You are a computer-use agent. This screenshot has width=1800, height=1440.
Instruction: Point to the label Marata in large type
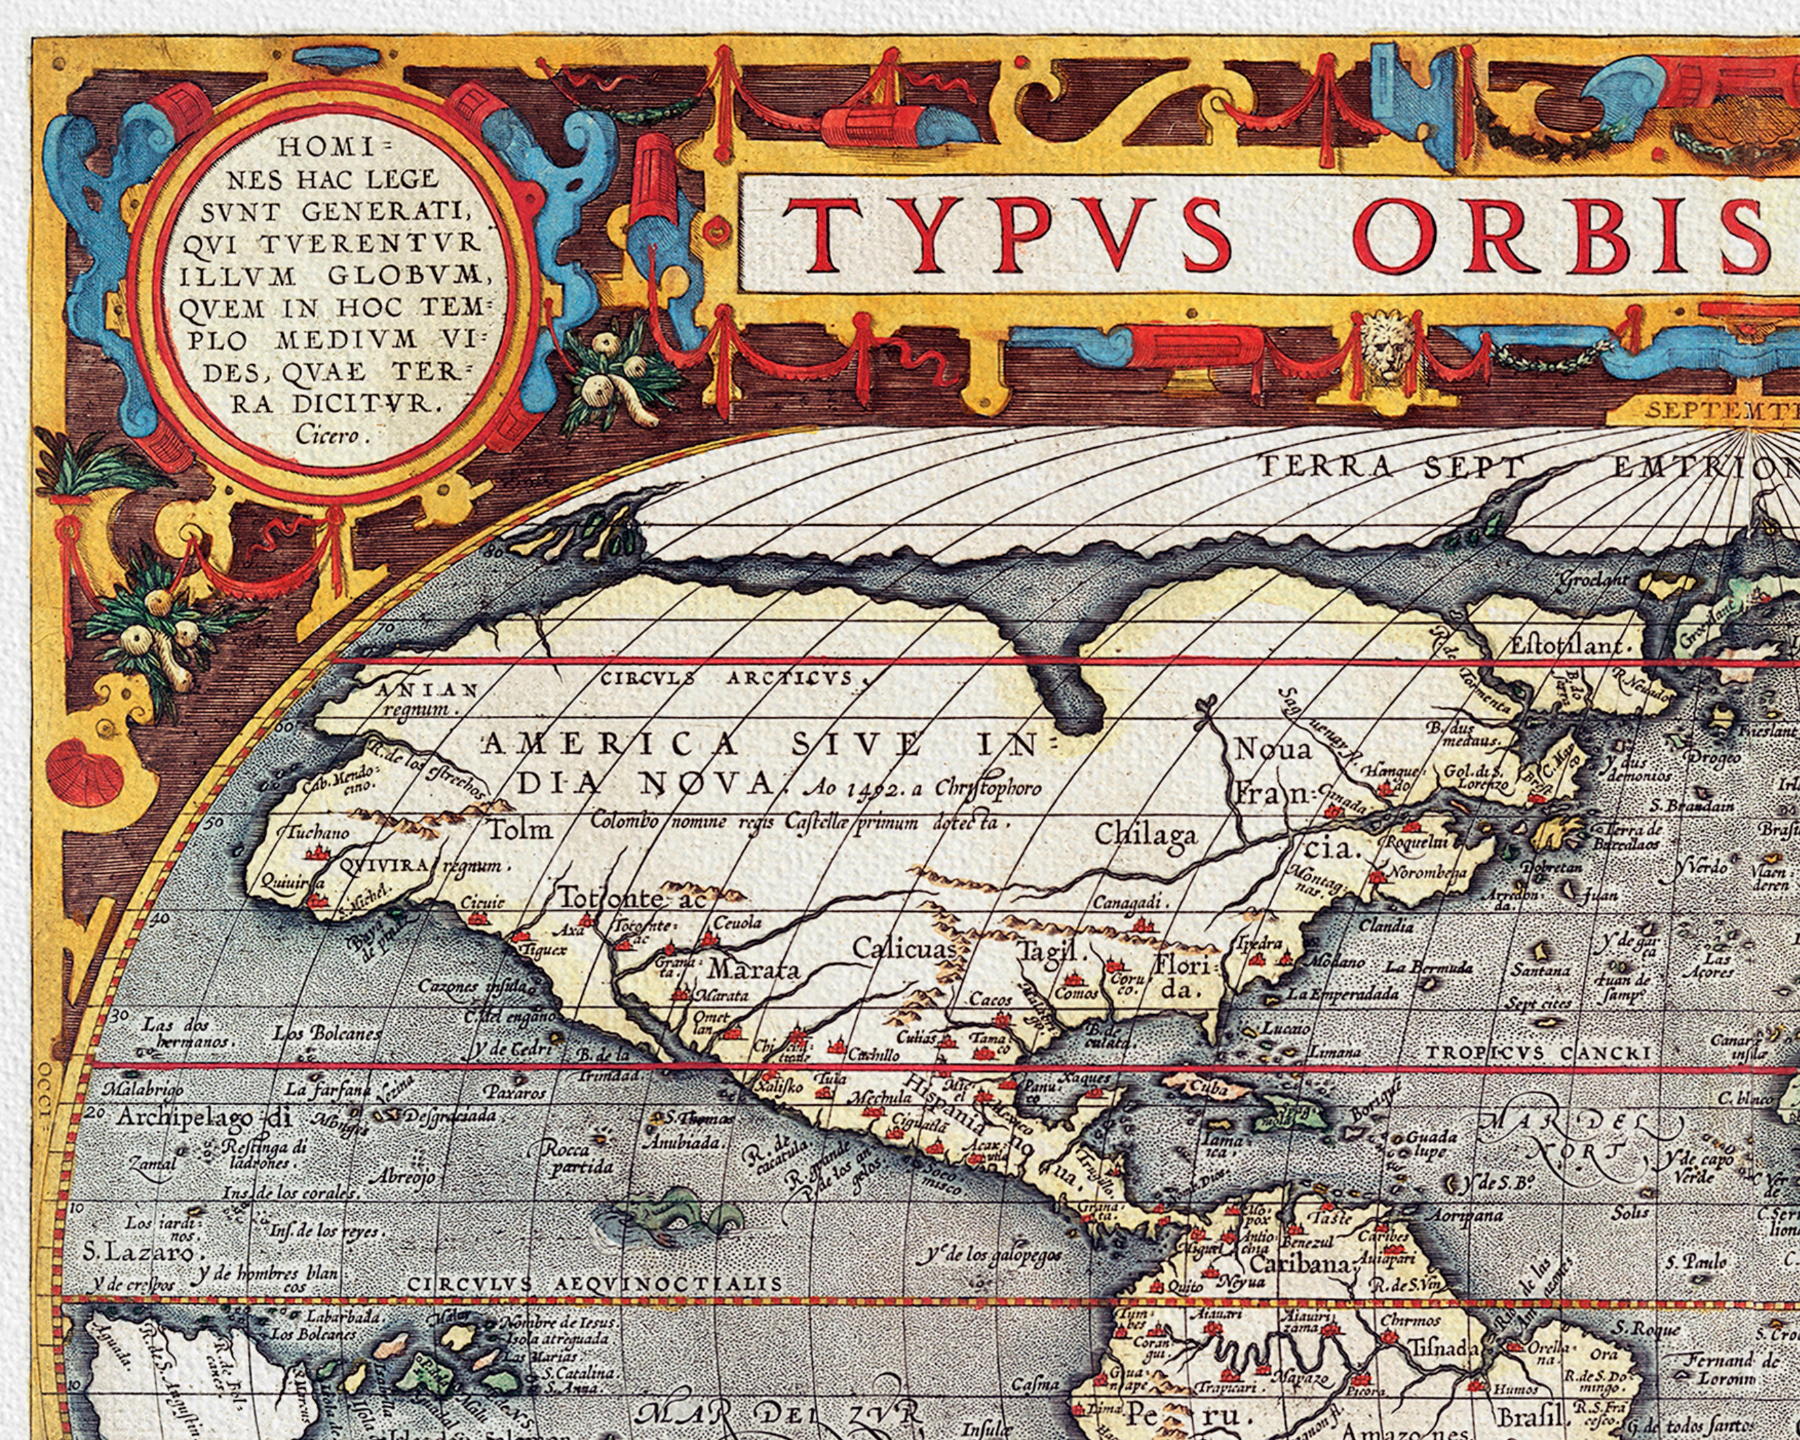point(754,969)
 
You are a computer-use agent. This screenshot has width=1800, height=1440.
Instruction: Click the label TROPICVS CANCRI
point(1538,1053)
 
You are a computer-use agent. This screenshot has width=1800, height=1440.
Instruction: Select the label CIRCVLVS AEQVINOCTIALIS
point(596,1283)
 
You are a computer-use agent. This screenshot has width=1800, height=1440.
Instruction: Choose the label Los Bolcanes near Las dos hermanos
point(328,1033)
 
